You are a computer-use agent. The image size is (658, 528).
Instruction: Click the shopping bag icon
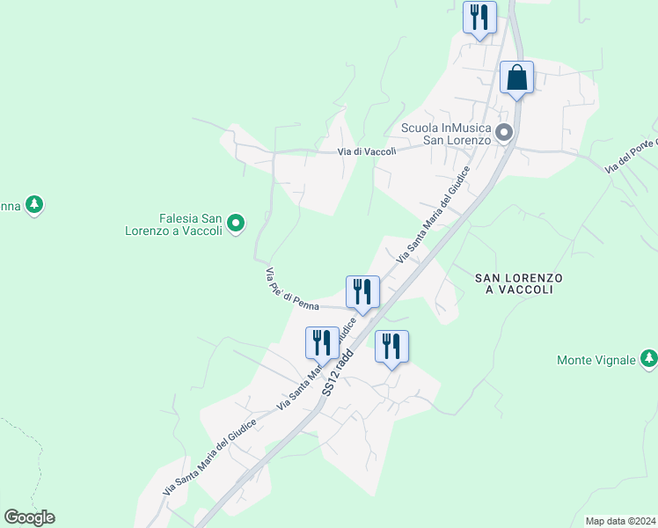[x=516, y=77]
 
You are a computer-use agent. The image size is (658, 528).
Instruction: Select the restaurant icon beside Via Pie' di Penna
[x=362, y=292]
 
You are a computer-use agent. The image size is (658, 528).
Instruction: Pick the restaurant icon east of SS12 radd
[x=391, y=347]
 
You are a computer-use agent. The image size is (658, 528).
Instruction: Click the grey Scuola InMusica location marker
[x=504, y=133]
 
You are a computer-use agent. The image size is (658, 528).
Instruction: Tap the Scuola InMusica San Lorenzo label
[x=445, y=134]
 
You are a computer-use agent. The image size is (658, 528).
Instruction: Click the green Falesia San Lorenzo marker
[x=236, y=224]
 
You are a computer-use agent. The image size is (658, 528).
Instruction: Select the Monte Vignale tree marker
[x=648, y=359]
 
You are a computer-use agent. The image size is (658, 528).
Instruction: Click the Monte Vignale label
[x=596, y=359]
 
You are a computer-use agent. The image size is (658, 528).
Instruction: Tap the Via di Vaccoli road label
[x=368, y=151]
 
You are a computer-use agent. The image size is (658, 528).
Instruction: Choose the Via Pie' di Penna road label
[x=291, y=290]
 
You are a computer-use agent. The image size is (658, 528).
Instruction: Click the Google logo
[x=29, y=517]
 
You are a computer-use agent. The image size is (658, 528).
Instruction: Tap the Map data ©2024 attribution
[x=620, y=521]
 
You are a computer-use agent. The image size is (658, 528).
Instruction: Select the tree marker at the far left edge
[x=34, y=206]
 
